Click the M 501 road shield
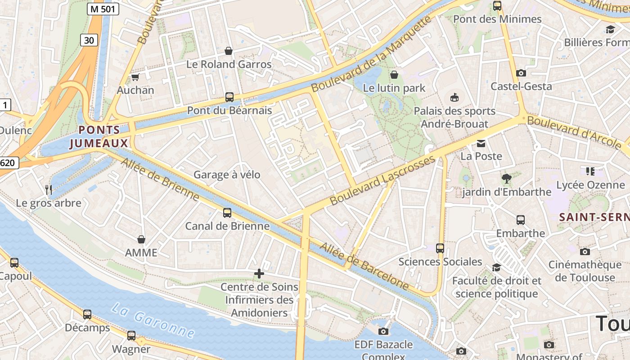click(x=103, y=9)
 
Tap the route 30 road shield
click(x=89, y=40)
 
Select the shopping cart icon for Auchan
click(x=135, y=77)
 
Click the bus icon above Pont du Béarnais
click(x=229, y=97)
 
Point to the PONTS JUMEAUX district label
click(x=99, y=137)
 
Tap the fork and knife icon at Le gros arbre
click(x=49, y=190)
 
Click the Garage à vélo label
click(x=227, y=175)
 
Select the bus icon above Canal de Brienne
click(x=227, y=213)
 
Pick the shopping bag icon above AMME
click(x=141, y=239)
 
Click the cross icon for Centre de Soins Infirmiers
click(x=259, y=273)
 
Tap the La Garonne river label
click(x=153, y=320)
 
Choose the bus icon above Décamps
click(x=87, y=315)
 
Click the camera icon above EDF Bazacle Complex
click(x=383, y=332)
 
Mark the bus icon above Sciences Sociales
click(x=440, y=248)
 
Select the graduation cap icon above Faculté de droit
click(x=496, y=267)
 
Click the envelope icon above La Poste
click(x=481, y=144)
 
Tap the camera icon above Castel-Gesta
click(x=521, y=73)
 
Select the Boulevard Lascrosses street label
click(x=383, y=180)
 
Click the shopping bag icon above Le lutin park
click(x=394, y=75)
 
